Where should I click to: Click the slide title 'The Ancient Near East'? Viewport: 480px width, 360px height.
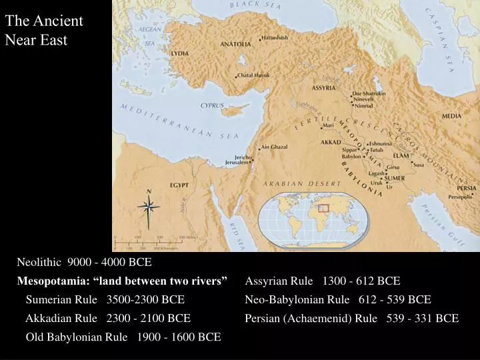(x=44, y=30)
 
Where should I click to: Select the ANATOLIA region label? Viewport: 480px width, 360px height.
(x=236, y=44)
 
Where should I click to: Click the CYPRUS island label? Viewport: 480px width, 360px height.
(x=213, y=105)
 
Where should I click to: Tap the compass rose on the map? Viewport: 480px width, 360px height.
(x=149, y=207)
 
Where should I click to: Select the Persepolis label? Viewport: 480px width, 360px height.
(x=461, y=197)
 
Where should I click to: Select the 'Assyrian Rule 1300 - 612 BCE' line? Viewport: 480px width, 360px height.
(x=323, y=281)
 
